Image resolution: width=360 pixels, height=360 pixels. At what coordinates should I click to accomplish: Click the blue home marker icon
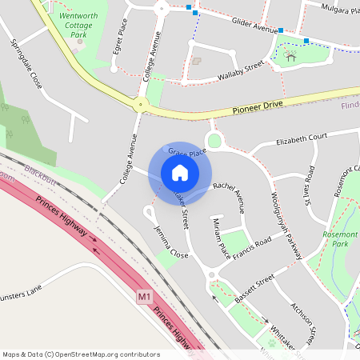coord(180,173)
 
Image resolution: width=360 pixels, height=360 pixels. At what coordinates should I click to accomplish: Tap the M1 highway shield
coord(144,297)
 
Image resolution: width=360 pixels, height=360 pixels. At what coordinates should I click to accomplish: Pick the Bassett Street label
coord(258,283)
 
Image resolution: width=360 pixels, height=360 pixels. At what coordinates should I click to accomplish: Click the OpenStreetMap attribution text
coord(80,354)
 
